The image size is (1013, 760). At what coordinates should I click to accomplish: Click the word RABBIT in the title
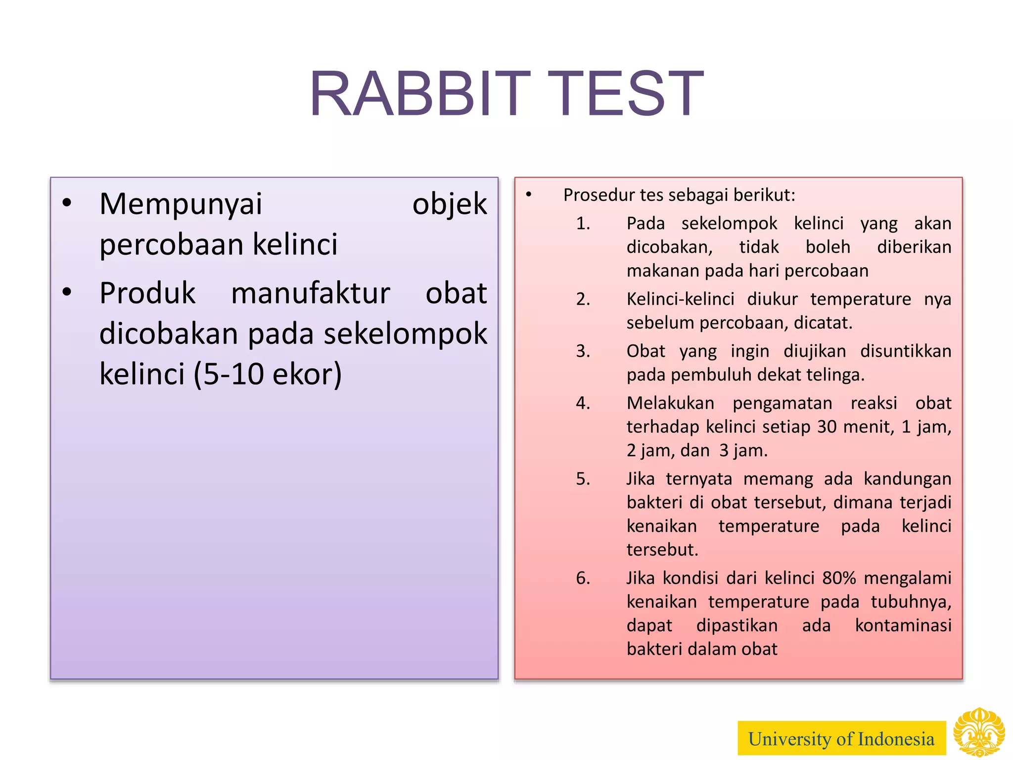click(x=419, y=94)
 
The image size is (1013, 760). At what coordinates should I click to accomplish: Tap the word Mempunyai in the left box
click(x=181, y=204)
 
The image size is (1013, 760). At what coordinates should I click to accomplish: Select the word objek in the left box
click(x=449, y=204)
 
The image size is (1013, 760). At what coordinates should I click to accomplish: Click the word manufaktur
click(x=310, y=293)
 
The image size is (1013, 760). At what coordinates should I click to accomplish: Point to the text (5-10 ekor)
click(x=268, y=374)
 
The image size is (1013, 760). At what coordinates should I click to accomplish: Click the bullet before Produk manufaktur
click(x=67, y=292)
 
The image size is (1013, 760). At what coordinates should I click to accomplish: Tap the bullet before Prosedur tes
click(x=528, y=195)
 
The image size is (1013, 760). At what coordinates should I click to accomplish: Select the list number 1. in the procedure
click(x=583, y=224)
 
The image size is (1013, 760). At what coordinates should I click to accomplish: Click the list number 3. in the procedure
click(x=583, y=351)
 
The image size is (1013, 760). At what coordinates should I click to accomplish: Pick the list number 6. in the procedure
click(x=583, y=578)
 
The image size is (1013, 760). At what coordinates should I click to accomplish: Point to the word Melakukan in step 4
click(x=670, y=403)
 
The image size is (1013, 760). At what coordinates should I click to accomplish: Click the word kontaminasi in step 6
click(x=903, y=625)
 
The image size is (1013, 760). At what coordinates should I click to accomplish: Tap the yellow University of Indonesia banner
click(x=841, y=739)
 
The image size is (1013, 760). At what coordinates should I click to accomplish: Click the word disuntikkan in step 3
click(x=905, y=351)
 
